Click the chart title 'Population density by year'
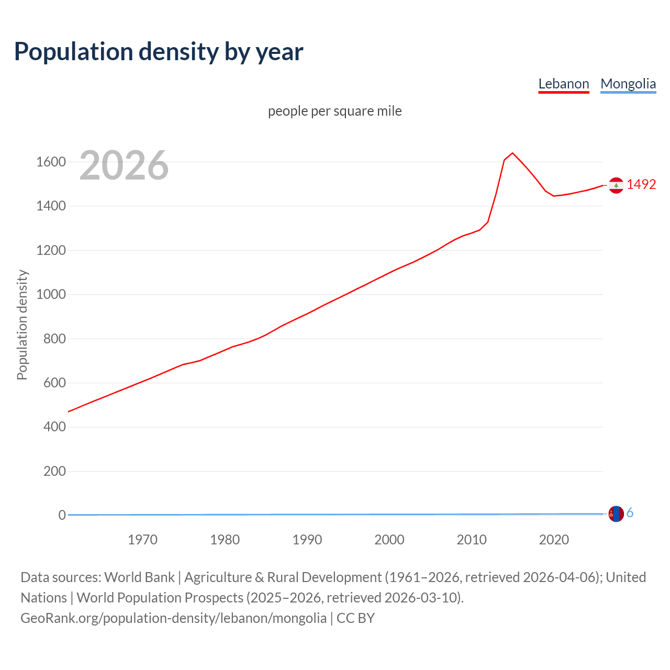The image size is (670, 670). tap(159, 51)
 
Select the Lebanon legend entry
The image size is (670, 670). tap(564, 84)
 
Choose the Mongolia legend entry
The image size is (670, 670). tap(628, 84)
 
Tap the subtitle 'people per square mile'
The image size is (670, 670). tap(334, 111)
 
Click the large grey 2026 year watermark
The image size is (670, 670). tap(124, 165)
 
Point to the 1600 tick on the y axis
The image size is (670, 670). tap(51, 162)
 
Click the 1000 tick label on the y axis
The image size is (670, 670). tap(51, 294)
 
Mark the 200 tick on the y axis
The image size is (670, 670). tap(54, 471)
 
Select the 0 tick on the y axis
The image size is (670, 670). tap(62, 515)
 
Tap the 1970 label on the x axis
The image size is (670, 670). tap(142, 540)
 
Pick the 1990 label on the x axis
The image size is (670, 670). tap(307, 540)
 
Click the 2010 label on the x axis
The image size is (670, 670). tap(472, 540)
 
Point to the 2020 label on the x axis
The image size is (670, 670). tap(554, 540)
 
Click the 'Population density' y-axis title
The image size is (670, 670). tap(22, 325)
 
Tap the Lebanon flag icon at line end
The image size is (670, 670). tap(616, 185)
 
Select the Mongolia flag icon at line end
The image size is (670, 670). tap(616, 514)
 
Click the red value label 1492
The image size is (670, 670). tap(641, 184)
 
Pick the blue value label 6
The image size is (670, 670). tap(630, 513)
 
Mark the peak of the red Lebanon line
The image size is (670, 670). tap(512, 153)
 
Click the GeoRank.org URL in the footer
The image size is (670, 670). tap(173, 618)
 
